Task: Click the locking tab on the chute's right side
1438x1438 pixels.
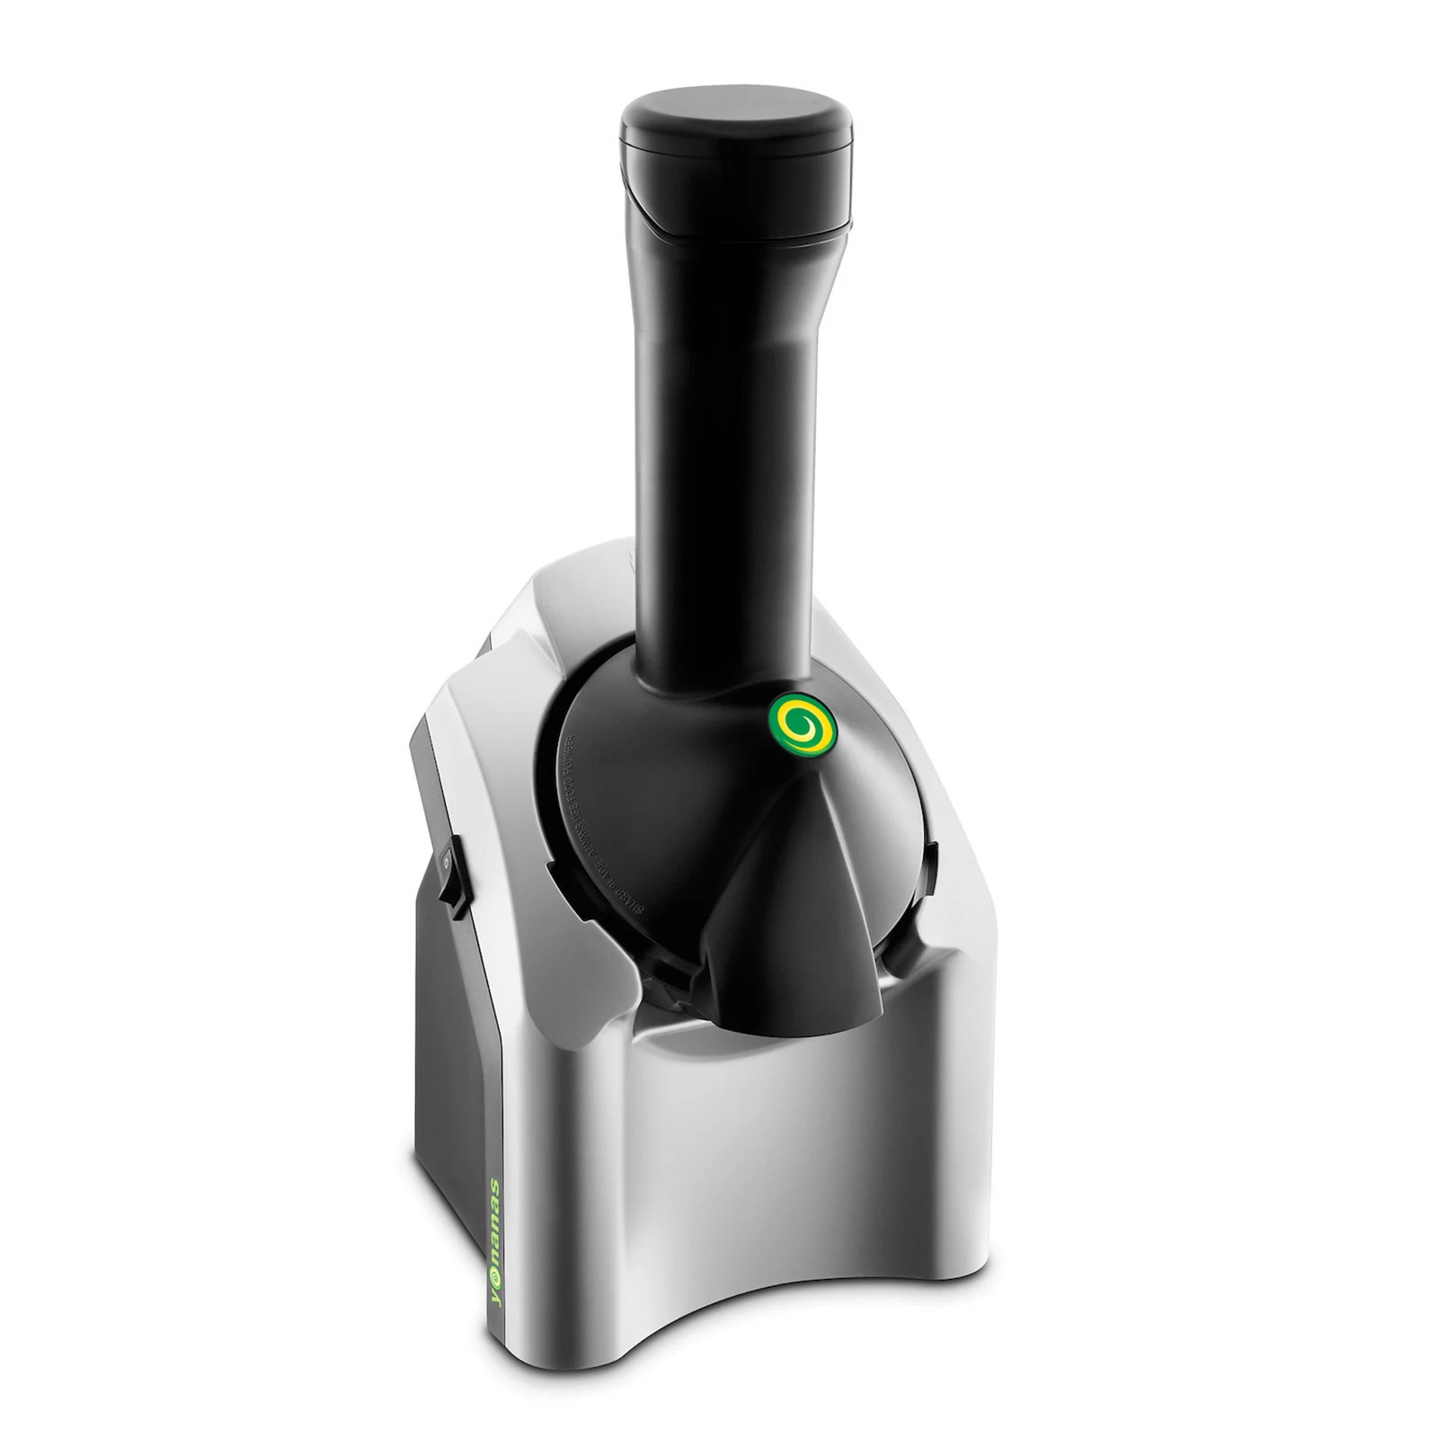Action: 930,864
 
